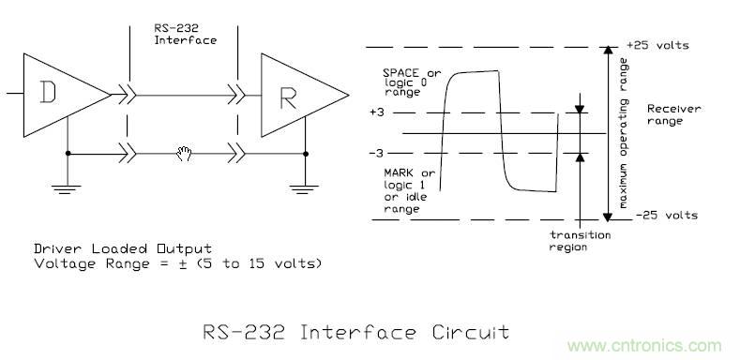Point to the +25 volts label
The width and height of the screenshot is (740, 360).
coord(661,45)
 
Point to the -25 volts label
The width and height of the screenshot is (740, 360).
coord(661,216)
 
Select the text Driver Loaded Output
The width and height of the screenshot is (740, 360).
coord(107,249)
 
